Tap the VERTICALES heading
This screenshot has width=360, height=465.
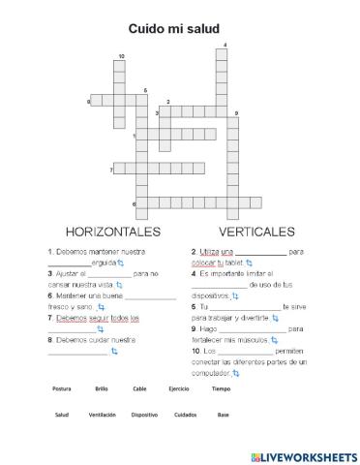coord(256,232)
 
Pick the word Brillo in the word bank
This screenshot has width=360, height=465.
coord(102,388)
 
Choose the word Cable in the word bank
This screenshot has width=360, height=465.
coord(139,388)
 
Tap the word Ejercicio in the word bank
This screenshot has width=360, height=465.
coord(178,388)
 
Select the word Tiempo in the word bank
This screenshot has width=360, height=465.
coord(222,388)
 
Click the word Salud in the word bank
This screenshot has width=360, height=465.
coord(62,415)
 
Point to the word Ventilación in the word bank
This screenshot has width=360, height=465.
coord(102,415)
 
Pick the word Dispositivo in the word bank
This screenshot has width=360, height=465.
coord(144,415)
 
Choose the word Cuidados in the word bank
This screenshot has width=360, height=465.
coord(184,415)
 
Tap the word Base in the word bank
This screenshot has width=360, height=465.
coord(224,415)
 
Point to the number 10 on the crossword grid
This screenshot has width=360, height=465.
coord(121,57)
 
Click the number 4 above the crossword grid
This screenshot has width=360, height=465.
coord(225,45)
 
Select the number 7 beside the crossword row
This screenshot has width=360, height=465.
coord(112,170)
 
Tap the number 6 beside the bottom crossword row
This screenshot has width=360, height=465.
coord(134,204)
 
